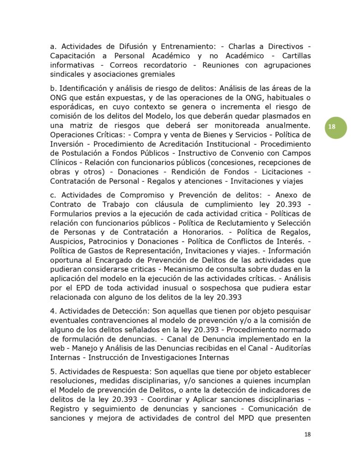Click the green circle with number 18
click(332, 127)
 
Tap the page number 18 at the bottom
click(307, 434)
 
